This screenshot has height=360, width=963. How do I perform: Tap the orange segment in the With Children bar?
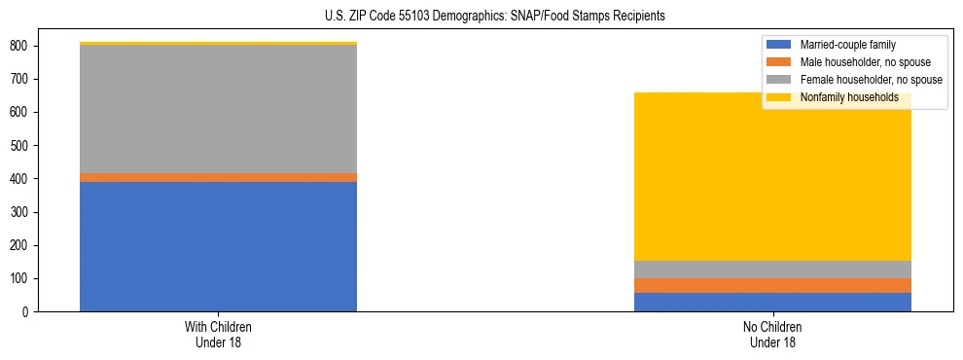point(218,177)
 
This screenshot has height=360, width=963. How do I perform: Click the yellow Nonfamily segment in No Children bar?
point(772,176)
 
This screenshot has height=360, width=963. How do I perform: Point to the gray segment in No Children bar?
point(772,270)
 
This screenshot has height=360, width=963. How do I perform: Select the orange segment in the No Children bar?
point(772,286)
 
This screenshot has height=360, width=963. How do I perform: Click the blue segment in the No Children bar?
point(772,303)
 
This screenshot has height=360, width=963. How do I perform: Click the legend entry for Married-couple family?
point(847,45)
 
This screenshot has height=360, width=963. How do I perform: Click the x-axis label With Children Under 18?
point(218,334)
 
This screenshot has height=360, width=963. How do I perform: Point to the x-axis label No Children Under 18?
point(772,334)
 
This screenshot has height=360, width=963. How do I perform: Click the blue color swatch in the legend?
point(779,45)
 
